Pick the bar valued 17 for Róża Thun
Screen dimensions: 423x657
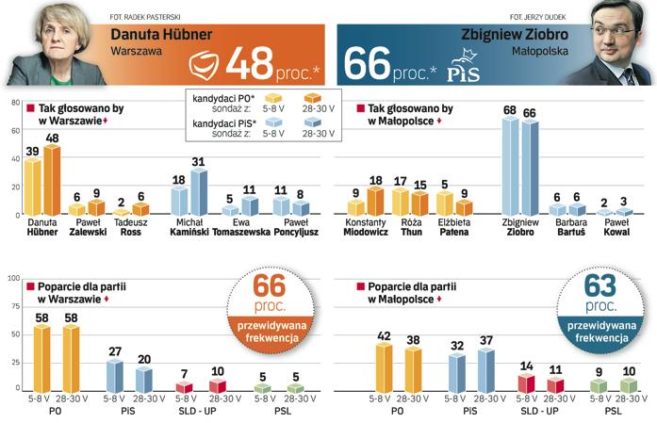pyautogui.click(x=400, y=202)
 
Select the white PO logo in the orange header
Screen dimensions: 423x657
pyautogui.click(x=205, y=65)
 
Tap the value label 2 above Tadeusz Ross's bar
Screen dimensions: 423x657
pyautogui.click(x=122, y=201)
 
